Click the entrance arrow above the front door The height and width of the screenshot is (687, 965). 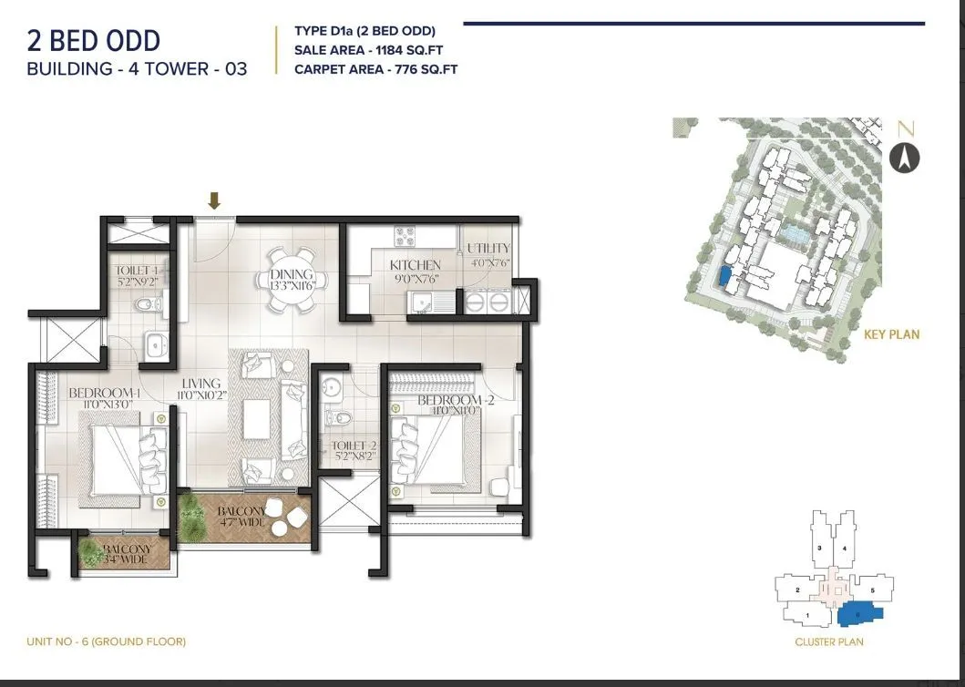tap(214, 200)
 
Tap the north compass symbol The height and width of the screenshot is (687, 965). tap(905, 159)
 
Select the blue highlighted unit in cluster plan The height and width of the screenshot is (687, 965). tap(861, 614)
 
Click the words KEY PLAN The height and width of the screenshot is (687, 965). tap(891, 334)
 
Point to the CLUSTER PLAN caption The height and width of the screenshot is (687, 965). tap(828, 641)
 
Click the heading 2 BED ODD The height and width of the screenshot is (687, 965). tap(93, 40)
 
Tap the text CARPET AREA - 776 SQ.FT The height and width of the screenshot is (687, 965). tap(375, 69)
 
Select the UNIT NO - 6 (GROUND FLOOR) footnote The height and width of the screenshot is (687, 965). tap(107, 641)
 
